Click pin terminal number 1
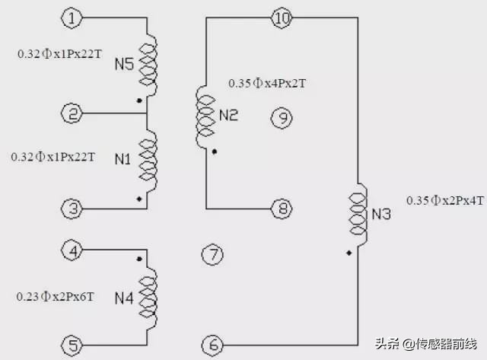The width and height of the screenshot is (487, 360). tap(72, 18)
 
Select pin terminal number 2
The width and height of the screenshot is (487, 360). tap(72, 113)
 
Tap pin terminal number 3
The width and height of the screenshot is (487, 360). tap(72, 209)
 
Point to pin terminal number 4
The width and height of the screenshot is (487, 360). tap(72, 250)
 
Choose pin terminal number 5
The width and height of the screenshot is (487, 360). tap(72, 346)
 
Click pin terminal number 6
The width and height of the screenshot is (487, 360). tap(213, 345)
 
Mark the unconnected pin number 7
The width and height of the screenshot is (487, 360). tap(213, 254)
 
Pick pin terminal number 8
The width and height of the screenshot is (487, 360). tap(282, 209)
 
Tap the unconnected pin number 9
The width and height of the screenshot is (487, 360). tap(282, 118)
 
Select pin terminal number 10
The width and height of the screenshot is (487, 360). tap(282, 18)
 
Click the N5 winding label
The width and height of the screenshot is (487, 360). tap(124, 64)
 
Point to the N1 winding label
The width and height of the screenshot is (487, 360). tap(123, 159)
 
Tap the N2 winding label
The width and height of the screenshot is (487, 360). tap(228, 115)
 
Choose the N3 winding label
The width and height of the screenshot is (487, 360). tap(381, 214)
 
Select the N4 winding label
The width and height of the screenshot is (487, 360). tap(124, 298)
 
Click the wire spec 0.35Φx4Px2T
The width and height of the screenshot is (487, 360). tap(267, 83)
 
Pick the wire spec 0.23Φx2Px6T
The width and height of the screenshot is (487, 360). tap(55, 297)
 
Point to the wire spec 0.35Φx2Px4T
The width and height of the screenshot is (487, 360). tap(445, 200)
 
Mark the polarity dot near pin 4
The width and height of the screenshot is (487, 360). tap(139, 259)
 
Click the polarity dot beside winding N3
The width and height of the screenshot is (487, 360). tap(349, 253)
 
